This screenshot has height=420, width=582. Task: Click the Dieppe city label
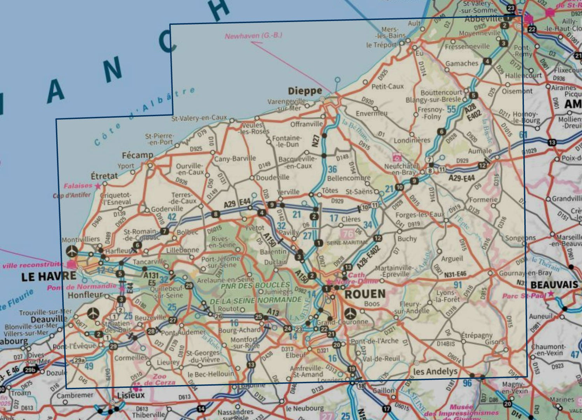tap(305, 91)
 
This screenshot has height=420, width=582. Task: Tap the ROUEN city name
tap(365, 294)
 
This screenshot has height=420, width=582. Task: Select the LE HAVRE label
tap(49, 276)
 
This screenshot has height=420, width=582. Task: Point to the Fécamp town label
tap(137, 155)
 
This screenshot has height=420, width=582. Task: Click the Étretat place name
tap(104, 175)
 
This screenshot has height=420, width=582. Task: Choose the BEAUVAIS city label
tap(554, 285)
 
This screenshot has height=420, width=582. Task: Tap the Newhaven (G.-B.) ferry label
tap(253, 36)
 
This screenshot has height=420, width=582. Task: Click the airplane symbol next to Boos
tap(350, 313)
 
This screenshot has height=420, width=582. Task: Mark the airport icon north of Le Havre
tap(72, 251)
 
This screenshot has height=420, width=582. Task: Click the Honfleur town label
tap(85, 295)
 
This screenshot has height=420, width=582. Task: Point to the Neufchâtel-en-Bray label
tap(401, 169)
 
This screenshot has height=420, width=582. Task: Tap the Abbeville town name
tap(483, 19)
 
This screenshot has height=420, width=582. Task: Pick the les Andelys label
tap(435, 371)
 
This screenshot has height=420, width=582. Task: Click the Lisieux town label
tap(131, 395)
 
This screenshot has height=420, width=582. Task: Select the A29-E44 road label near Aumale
tap(461, 178)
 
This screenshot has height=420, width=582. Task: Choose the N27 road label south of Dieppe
tap(316, 141)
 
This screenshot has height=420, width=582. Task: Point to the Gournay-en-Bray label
tap(525, 273)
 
